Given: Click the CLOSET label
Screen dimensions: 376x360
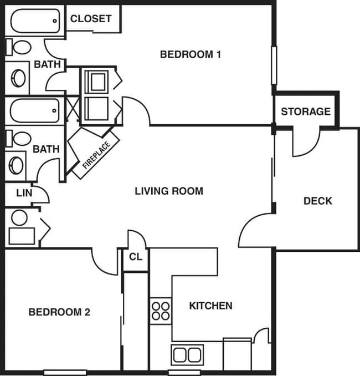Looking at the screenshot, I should tap(91, 18).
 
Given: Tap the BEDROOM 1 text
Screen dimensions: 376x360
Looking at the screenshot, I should tap(191, 54).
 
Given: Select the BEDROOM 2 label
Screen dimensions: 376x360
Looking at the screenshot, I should tap(59, 312).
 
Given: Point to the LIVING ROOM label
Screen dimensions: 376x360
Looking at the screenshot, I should tap(169, 191).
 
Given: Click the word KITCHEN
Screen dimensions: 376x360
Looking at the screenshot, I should tap(210, 306).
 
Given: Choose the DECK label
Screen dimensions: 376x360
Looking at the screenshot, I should tap(318, 201).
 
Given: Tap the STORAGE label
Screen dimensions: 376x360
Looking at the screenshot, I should tap(306, 111).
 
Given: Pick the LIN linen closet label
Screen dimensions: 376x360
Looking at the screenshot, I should tap(24, 193).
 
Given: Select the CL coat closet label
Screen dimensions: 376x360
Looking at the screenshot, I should tap(135, 257).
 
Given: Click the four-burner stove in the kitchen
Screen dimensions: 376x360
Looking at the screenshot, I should tap(161, 311).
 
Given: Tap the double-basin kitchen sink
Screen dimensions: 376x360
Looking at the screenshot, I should tap(187, 354).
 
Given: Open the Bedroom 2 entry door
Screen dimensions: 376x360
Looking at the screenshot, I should tap(104, 261).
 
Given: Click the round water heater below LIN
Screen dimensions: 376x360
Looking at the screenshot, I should tap(19, 218).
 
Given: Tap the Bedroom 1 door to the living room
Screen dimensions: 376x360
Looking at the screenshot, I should tap(136, 111).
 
